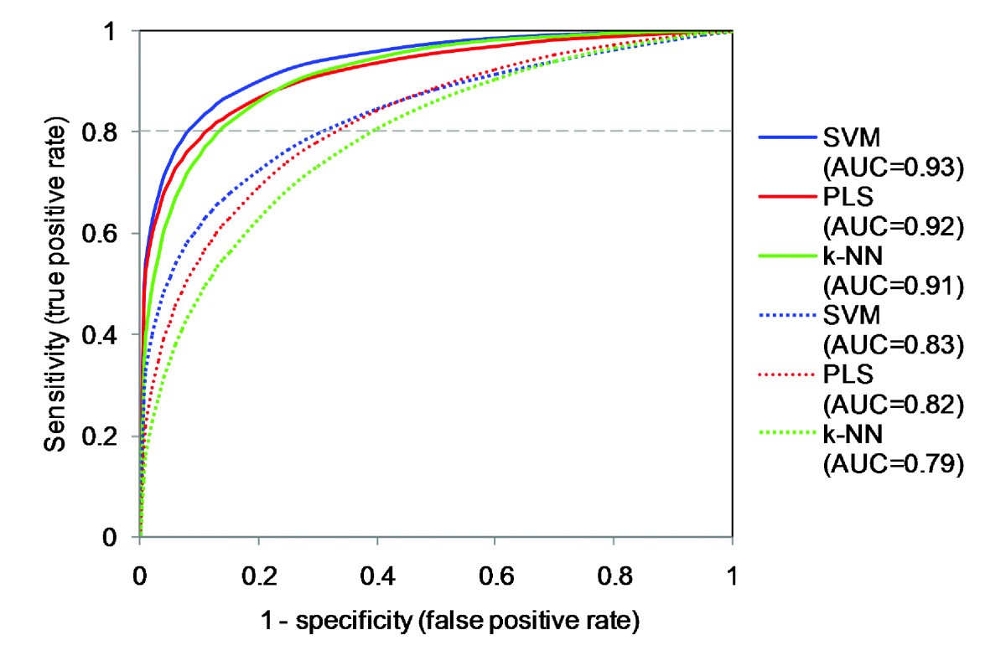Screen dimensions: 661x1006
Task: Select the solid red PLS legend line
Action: pyautogui.click(x=788, y=197)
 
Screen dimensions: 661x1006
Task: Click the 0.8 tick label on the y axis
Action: pyautogui.click(x=106, y=132)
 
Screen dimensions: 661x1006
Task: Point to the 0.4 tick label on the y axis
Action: pyautogui.click(x=106, y=335)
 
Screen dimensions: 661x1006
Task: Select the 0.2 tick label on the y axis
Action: pyautogui.click(x=106, y=436)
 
